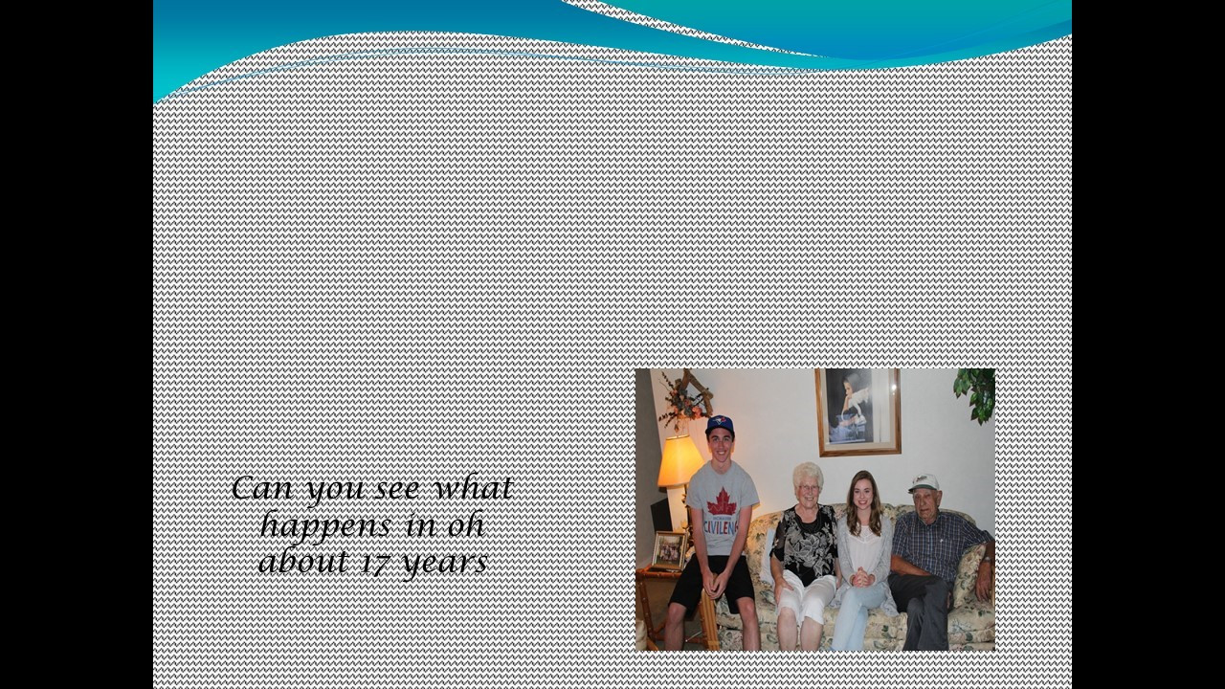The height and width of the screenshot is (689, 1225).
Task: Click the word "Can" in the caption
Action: click(262, 488)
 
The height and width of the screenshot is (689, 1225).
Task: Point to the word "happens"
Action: click(326, 526)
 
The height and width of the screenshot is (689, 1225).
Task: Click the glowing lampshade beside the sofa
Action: click(679, 461)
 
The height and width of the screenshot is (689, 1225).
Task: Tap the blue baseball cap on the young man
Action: click(719, 424)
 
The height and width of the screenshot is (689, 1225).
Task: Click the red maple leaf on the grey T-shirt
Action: click(722, 502)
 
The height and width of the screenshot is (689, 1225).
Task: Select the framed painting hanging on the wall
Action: click(857, 411)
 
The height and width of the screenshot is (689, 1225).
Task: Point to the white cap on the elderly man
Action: click(924, 482)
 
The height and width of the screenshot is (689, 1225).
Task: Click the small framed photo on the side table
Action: click(668, 549)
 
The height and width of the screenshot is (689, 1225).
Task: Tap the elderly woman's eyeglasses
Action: click(809, 488)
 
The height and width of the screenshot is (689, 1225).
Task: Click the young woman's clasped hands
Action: click(860, 577)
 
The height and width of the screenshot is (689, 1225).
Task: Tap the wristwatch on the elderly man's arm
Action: click(986, 560)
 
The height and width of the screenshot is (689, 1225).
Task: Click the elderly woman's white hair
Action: click(808, 474)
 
